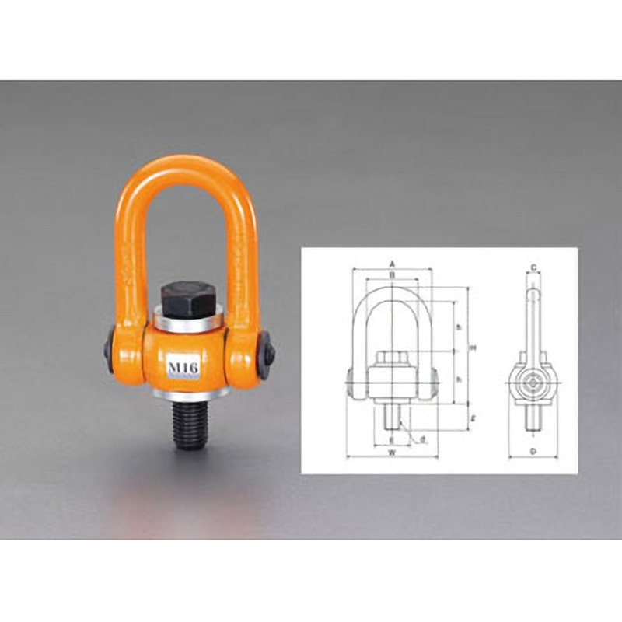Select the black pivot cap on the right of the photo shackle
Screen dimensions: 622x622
266,351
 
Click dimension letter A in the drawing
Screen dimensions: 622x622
393,264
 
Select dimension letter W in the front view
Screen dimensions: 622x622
392,451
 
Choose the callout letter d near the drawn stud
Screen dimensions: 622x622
422,440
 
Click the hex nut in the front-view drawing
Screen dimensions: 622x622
393,359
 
